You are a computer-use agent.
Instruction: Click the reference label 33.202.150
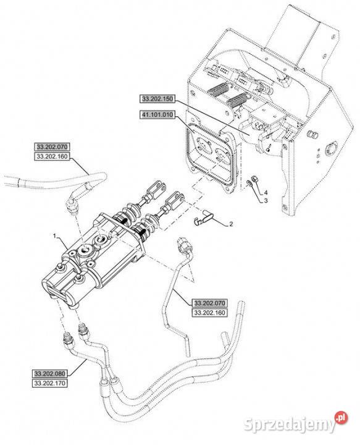click(x=157, y=99)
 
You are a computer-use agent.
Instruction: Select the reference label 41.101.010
click(x=157, y=115)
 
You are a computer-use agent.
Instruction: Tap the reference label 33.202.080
click(x=49, y=374)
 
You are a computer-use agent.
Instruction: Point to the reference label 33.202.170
click(x=49, y=383)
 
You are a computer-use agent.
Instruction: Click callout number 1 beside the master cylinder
click(x=54, y=235)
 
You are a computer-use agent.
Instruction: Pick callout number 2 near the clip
click(x=231, y=224)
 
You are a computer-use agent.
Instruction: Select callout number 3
click(x=266, y=201)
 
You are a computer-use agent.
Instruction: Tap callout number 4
click(x=266, y=193)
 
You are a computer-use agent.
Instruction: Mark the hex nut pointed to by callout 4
click(x=254, y=179)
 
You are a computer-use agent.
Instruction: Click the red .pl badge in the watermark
click(x=341, y=418)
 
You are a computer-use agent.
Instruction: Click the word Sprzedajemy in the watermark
click(x=289, y=424)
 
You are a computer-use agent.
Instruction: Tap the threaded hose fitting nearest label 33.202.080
click(x=67, y=337)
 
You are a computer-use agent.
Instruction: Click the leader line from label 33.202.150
click(x=212, y=116)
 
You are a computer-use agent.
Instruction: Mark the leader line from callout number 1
click(x=62, y=244)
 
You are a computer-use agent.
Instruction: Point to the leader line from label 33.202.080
click(x=77, y=367)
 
